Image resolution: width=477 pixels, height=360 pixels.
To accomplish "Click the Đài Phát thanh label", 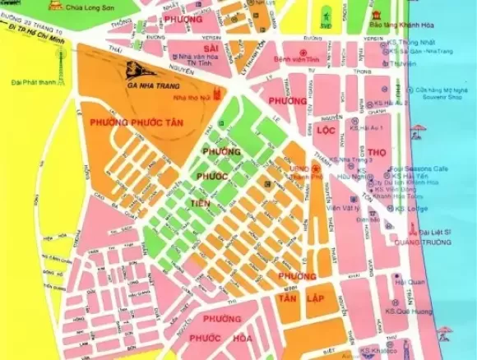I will point(30,82).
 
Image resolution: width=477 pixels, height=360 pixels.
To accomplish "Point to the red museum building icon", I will point(377,15).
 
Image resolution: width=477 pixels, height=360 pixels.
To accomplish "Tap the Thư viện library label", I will point(402,62).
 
